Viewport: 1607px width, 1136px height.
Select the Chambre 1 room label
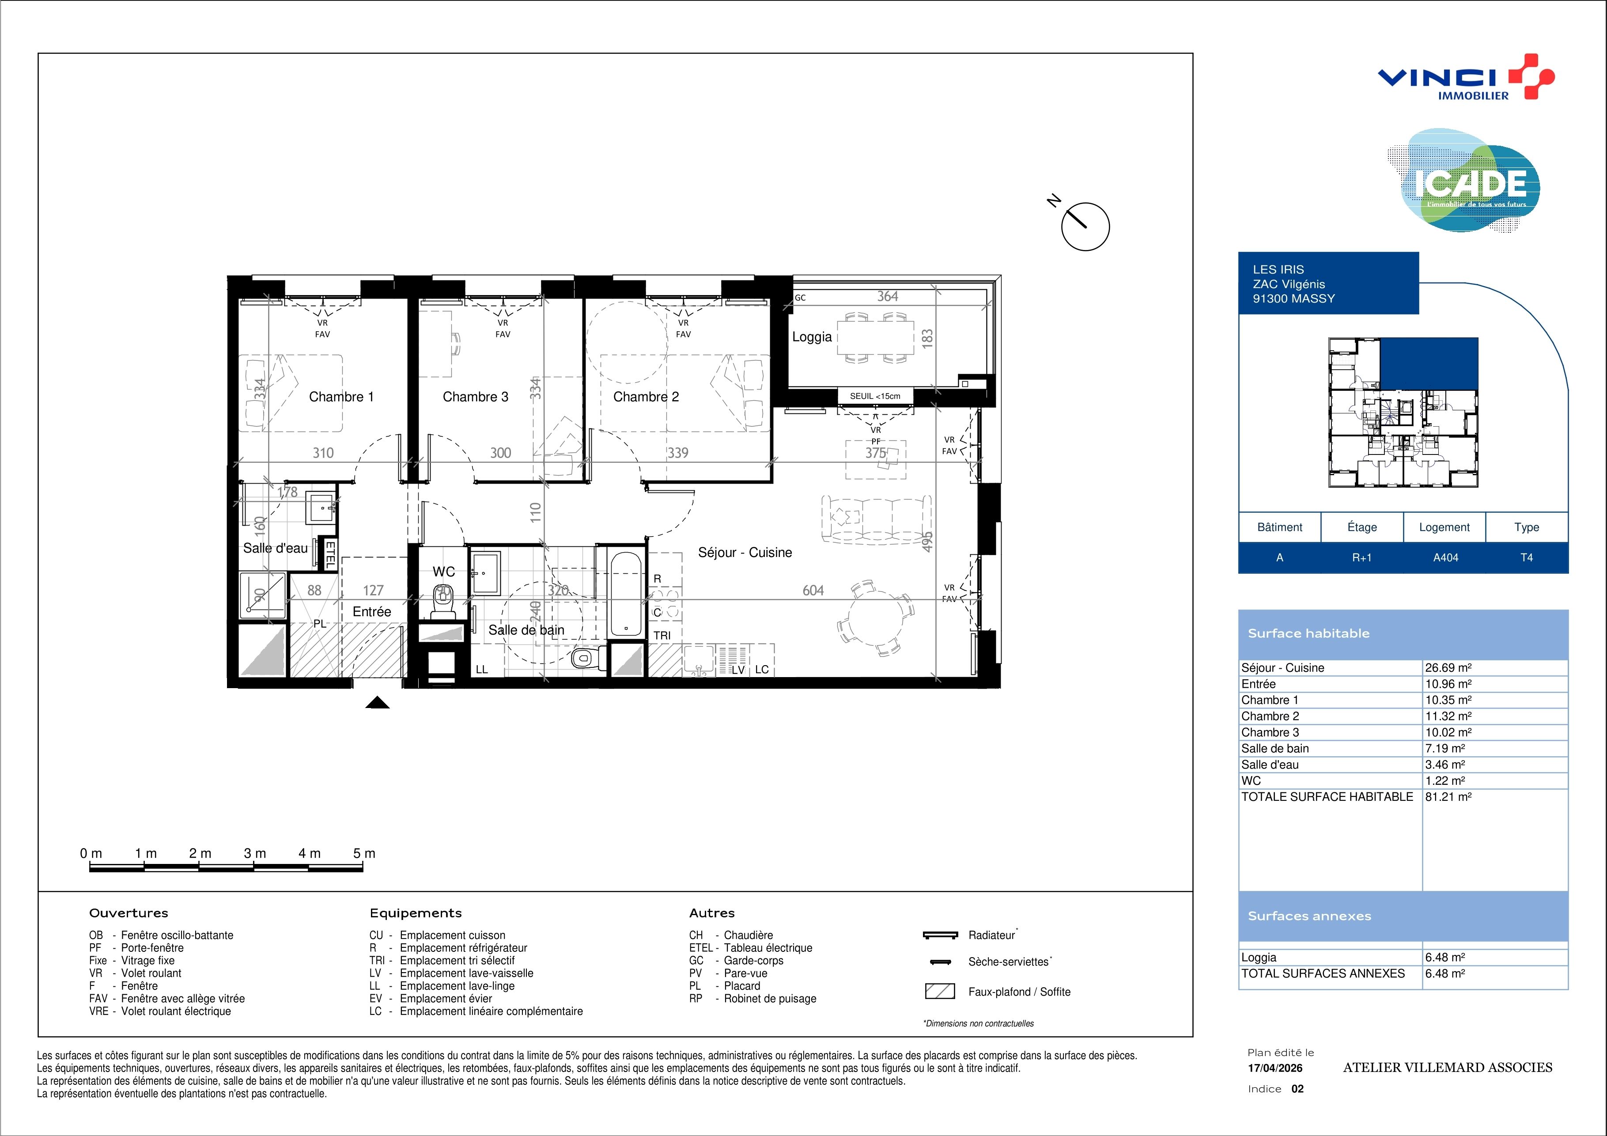click(x=341, y=397)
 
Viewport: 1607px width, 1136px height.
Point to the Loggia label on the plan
click(x=812, y=337)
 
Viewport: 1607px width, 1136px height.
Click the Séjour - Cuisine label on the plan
click(x=745, y=552)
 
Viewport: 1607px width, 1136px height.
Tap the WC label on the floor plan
click(x=444, y=572)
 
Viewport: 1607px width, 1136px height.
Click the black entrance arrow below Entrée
click(x=377, y=703)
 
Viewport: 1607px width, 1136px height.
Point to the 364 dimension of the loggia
click(x=888, y=296)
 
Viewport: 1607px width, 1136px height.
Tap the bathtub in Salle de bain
click(x=627, y=594)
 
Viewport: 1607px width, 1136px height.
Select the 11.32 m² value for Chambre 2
click(x=1448, y=716)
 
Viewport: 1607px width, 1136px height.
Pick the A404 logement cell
click(x=1445, y=558)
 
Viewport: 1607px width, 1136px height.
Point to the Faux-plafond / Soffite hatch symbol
click(x=940, y=991)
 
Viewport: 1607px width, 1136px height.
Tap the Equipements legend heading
click(x=416, y=913)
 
